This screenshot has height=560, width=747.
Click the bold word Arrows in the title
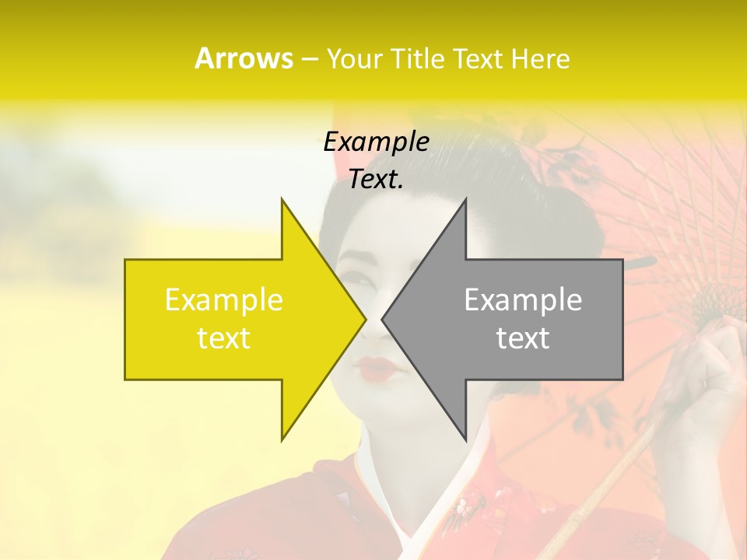(x=244, y=58)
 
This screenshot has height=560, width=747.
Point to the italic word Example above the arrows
(x=376, y=142)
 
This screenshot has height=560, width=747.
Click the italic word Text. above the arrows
(x=376, y=180)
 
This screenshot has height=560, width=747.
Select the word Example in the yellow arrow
(x=224, y=299)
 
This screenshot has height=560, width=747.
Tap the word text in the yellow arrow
(x=224, y=338)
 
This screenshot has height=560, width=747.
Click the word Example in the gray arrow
(x=523, y=299)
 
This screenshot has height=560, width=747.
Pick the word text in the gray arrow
(x=523, y=338)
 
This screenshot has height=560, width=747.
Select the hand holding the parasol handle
(x=712, y=366)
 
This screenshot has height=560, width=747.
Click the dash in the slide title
(x=309, y=59)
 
